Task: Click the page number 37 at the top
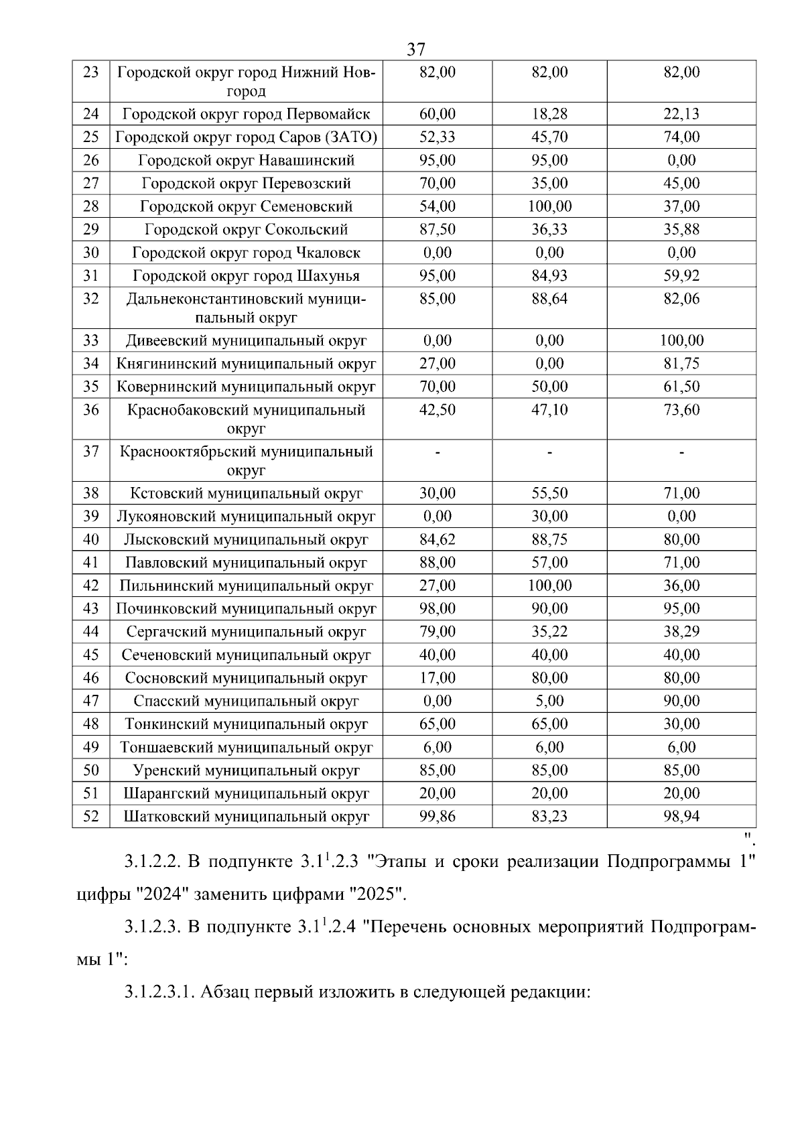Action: tap(415, 50)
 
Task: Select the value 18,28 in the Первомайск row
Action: tap(549, 114)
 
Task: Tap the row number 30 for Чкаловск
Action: tap(90, 253)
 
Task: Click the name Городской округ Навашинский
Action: tap(246, 160)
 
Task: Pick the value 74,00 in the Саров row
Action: tap(681, 137)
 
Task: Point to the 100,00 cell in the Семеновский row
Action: tap(549, 206)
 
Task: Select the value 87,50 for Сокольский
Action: tap(437, 229)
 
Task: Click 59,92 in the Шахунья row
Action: tap(681, 275)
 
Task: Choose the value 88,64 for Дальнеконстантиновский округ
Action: tap(549, 299)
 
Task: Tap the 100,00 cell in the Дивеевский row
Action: tap(681, 340)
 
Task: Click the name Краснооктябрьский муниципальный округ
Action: tap(246, 460)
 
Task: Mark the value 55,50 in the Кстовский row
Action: tap(549, 493)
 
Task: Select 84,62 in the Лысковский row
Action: tap(437, 539)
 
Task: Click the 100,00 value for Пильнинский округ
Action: tap(549, 586)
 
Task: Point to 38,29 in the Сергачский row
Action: tap(681, 632)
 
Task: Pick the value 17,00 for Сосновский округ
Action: tap(437, 678)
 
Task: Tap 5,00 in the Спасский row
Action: tap(549, 701)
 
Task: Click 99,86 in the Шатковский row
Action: tap(437, 816)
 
